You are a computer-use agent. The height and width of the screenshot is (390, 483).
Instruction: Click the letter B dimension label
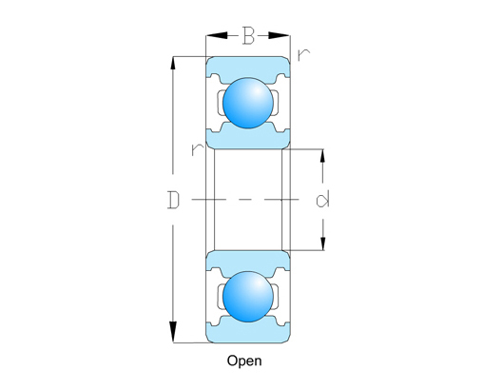click(248, 35)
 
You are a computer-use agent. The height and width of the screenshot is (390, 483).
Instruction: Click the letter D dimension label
click(173, 200)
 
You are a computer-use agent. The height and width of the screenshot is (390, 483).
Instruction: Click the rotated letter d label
click(322, 200)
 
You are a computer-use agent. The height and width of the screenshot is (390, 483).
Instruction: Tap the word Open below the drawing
click(244, 361)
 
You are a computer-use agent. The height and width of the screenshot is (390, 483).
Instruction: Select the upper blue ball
click(248, 103)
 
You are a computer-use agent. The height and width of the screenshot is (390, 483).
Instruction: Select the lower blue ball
click(248, 297)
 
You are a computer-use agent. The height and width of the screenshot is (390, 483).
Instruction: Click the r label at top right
click(303, 55)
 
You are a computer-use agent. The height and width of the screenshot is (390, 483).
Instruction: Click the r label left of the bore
click(198, 149)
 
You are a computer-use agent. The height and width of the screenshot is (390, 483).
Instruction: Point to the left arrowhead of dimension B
click(217, 35)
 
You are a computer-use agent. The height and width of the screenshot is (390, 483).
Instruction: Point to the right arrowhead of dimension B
click(279, 35)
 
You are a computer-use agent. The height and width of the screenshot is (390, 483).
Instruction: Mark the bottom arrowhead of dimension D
click(173, 332)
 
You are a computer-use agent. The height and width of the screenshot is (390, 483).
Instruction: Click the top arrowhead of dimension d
click(322, 159)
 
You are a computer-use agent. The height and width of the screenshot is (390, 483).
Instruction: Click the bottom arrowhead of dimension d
click(322, 241)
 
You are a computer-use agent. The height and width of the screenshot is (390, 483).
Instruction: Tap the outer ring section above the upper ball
click(248, 68)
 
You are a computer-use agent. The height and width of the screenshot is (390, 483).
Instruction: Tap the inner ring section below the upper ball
click(248, 137)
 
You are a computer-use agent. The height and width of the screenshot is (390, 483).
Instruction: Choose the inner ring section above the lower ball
click(248, 263)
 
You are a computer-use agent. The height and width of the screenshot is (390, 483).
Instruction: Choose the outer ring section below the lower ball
click(248, 332)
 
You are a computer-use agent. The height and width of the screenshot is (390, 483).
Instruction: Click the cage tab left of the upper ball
click(221, 103)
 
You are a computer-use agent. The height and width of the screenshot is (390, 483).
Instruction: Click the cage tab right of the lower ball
click(276, 297)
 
